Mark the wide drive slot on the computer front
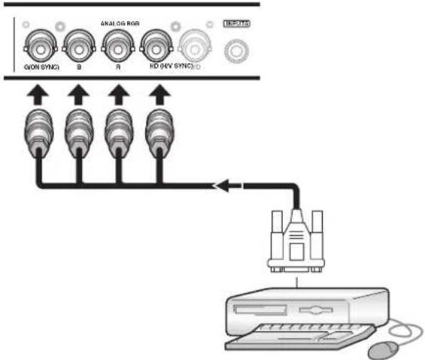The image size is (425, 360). tap(260, 309)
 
